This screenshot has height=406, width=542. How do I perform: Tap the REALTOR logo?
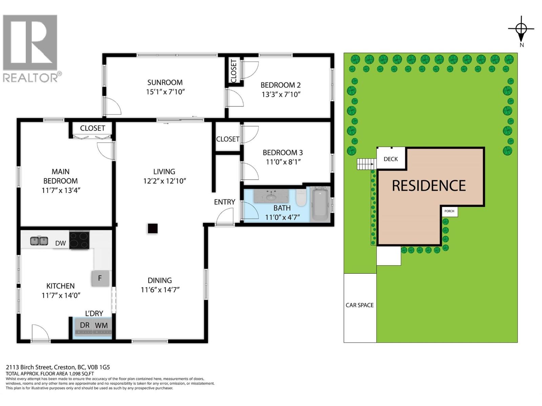32,49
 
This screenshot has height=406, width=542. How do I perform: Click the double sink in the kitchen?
39,241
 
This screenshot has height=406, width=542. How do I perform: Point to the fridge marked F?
100,278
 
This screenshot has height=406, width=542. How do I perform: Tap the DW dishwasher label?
61,243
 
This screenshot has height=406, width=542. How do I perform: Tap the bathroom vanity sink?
271,196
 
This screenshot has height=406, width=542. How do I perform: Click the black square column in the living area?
152,228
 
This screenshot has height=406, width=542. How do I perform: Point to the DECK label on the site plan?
391,159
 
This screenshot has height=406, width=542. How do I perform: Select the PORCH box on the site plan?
450,211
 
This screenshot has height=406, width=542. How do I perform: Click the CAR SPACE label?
359,305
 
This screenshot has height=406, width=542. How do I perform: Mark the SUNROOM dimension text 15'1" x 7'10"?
165,92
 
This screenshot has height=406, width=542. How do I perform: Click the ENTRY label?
225,202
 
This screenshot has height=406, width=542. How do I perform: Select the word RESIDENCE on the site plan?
429,186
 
